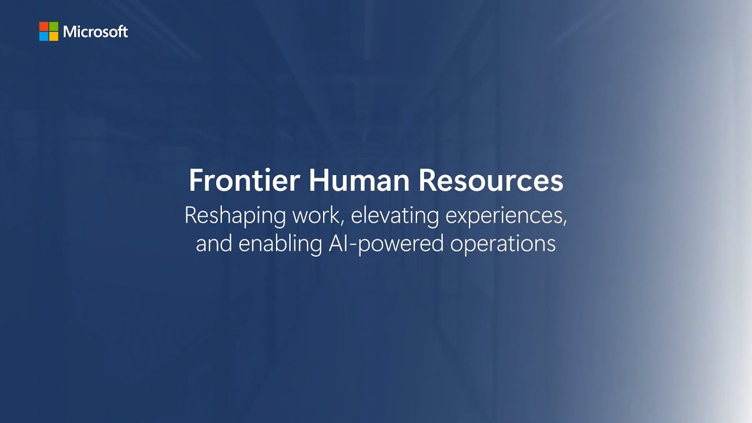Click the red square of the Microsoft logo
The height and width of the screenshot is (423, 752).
pos(44,26)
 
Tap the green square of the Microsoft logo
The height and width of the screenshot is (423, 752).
pos(53,26)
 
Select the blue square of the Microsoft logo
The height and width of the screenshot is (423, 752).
pos(44,36)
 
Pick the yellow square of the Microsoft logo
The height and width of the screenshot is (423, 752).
pos(53,36)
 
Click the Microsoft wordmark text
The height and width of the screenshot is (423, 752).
pos(95,32)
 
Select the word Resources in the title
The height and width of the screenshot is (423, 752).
pos(491,181)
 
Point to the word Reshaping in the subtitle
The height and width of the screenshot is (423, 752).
pos(236,216)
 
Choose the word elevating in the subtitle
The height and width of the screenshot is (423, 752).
pos(395,216)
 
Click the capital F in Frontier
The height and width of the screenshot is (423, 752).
pos(195,181)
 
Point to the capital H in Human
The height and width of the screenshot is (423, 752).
pos(317,181)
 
